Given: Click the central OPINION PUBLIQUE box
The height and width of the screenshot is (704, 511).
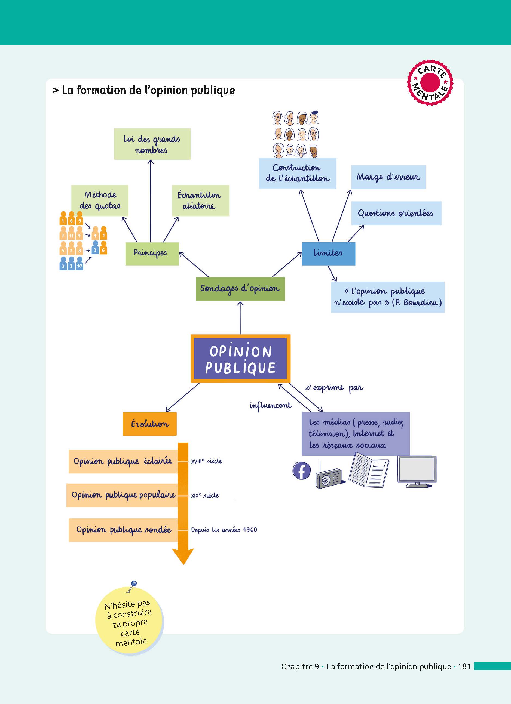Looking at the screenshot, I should pos(240,359).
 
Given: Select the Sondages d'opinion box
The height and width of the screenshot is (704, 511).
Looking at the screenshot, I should pos(240,289).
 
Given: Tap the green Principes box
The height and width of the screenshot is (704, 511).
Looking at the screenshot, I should pos(152,254).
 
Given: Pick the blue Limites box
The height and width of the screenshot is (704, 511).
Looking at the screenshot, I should pos(328,254).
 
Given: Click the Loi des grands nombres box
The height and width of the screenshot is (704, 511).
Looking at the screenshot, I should pos(152,144).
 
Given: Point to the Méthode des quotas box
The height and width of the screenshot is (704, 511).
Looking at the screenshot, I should pos(100,200).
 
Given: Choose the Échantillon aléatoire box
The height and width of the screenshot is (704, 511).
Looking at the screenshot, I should pos(200,200).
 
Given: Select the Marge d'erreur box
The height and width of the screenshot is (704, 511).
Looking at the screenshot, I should pos(388,177).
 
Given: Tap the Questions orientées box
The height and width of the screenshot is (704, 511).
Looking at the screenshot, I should pos(396,213).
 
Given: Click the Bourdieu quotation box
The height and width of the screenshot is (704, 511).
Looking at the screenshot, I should pos(388,297).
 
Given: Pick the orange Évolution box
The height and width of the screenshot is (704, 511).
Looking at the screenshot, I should pos(150,424).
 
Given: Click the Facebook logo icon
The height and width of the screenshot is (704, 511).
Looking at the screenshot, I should pos(301,471).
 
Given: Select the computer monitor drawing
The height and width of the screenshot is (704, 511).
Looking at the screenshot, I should pos(417,471).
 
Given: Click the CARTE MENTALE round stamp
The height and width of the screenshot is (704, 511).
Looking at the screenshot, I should pos(430,82).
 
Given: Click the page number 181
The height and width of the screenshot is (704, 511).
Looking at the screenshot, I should pos(464,666).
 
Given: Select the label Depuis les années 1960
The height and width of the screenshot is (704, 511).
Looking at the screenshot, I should pos(224,530).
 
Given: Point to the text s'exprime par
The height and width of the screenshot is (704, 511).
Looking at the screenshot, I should pos(334,388).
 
